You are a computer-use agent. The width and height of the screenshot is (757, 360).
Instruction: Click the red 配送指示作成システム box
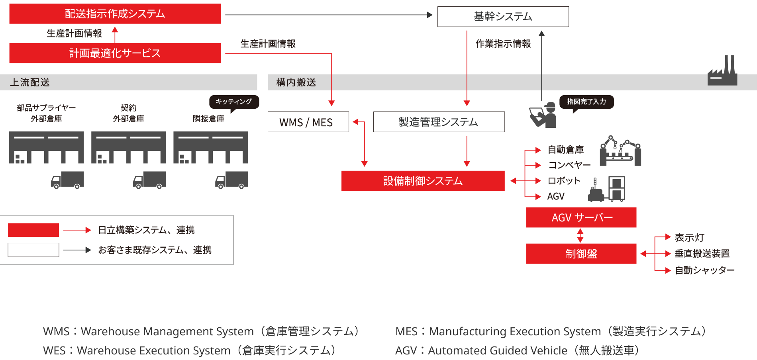coord(115,14)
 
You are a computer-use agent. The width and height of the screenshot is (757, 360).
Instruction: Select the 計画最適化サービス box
coord(115,53)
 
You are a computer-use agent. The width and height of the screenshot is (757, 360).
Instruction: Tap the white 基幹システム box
coord(503,17)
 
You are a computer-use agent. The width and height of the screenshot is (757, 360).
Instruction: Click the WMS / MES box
coord(308,122)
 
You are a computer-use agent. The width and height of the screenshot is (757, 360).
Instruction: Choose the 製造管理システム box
coord(439,122)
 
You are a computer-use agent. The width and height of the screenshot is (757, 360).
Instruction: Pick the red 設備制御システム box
coord(423,181)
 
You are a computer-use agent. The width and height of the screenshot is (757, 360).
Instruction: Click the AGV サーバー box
coord(581,217)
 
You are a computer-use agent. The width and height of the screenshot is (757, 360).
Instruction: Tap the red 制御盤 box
coord(581,254)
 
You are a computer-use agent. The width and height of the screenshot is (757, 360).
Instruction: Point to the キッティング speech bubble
coord(234,102)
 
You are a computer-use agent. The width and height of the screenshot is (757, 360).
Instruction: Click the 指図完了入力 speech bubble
coord(586,102)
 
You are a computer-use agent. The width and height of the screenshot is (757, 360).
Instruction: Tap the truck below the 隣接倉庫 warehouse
coord(231,180)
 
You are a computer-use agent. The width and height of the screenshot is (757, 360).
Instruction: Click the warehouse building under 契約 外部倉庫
coord(128,147)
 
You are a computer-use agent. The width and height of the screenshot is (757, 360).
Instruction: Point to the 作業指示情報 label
coord(503,44)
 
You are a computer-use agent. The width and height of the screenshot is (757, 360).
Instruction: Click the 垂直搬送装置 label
coord(702,254)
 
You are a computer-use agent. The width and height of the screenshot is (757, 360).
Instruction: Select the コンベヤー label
coord(569,165)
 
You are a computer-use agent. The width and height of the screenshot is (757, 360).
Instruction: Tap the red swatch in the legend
coord(33,230)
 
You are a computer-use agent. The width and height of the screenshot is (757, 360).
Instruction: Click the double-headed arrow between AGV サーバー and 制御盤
coord(580,235)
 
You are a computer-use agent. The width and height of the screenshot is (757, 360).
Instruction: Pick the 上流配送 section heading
coord(30,82)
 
